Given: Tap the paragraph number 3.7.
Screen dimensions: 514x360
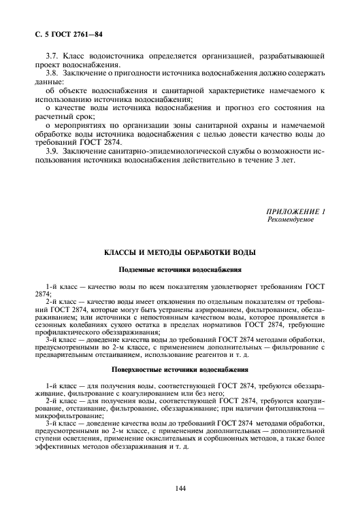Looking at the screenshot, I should [53, 53].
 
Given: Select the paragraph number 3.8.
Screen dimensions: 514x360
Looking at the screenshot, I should [53, 71].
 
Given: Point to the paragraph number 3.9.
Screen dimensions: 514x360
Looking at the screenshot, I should [53, 152].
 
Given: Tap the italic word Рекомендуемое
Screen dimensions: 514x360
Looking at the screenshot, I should [291, 220].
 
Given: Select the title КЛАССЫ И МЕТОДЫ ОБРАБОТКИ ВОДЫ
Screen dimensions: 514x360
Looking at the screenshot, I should [180, 253].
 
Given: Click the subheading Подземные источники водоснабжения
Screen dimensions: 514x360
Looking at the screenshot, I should [180, 270].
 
